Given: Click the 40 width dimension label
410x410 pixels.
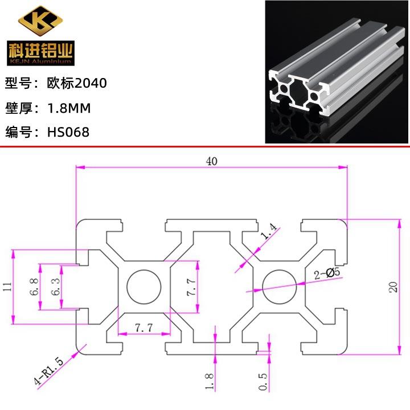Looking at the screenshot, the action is (211, 161).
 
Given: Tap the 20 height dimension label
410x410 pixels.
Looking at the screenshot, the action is (393, 287).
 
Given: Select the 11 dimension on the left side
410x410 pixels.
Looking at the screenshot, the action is (7, 286).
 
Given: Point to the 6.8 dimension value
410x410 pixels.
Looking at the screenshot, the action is (34, 287).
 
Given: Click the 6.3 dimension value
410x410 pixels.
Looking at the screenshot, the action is (55, 287).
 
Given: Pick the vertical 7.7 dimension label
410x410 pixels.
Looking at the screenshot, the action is (191, 287).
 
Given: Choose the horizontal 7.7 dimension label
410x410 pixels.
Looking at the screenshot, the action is (143, 327).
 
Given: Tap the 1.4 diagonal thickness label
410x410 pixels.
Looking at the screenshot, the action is (269, 231).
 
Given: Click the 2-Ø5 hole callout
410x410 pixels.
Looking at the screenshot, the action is (327, 273).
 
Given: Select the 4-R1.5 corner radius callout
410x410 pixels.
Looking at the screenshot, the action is (48, 371).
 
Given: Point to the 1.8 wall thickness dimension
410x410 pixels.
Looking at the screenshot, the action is (209, 381).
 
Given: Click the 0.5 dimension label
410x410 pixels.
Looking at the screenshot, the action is (263, 382).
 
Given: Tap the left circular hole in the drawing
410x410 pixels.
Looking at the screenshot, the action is (144, 286).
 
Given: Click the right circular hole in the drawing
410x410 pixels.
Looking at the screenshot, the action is (280, 286).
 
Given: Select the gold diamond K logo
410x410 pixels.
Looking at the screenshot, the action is (40, 21).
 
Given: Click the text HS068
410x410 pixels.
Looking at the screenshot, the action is (68, 132).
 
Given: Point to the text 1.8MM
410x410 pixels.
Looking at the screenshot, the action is (69, 108).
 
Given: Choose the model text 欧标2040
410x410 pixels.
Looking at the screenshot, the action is (77, 83).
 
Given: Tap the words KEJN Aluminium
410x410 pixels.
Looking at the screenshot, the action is (40, 61).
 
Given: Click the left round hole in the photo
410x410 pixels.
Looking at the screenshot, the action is (284, 89).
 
